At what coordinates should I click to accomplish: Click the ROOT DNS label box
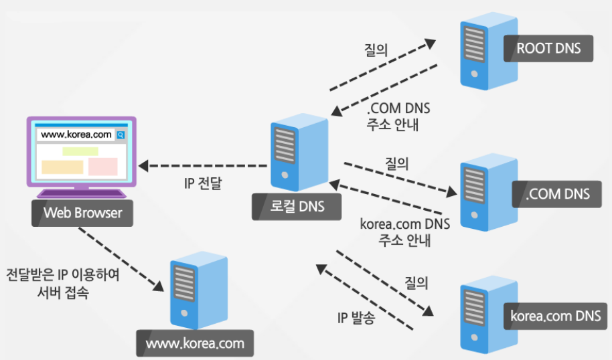coord(548,48)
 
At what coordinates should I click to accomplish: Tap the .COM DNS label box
coord(558,194)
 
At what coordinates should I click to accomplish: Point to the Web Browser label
coord(82,213)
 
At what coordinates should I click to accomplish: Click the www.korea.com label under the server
coord(195,345)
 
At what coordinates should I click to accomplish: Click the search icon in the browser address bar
coord(121,134)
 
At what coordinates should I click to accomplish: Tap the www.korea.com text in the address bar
coord(76,134)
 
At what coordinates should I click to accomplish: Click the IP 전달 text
coord(203,183)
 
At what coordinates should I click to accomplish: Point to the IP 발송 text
coord(356,318)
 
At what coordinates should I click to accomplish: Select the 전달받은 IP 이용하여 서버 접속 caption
coord(62,284)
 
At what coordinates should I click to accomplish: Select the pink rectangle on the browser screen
coord(102,167)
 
